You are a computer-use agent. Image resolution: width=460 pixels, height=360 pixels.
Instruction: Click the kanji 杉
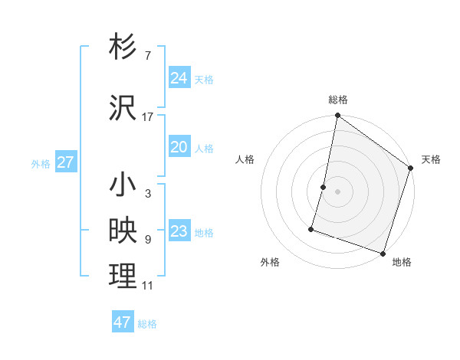[x=123, y=47]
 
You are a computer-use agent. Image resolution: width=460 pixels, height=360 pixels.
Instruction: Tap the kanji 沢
[x=123, y=108]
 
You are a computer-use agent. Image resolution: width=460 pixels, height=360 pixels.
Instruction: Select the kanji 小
[x=123, y=186]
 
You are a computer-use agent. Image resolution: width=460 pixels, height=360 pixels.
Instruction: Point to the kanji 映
[x=123, y=231]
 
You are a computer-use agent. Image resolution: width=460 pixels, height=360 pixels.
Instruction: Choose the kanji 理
[x=123, y=277]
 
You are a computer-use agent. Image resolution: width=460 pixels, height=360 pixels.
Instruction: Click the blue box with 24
[x=179, y=78]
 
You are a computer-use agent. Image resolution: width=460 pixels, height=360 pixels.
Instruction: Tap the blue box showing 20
[x=179, y=147]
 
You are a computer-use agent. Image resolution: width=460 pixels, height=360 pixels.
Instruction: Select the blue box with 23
[x=179, y=231]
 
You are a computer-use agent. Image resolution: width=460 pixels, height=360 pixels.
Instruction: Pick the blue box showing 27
[x=65, y=162]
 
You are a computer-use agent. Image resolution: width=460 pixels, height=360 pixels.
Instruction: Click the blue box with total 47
[x=122, y=322]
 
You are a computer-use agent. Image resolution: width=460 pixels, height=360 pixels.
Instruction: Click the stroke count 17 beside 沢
[x=147, y=116]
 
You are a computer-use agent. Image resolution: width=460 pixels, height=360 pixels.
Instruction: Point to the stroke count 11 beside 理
[x=147, y=286]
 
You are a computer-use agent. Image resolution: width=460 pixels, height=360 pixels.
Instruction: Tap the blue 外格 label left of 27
[x=41, y=163]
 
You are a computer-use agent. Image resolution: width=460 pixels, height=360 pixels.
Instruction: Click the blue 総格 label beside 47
[x=147, y=324]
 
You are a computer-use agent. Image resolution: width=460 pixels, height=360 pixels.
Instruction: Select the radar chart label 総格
[x=338, y=100]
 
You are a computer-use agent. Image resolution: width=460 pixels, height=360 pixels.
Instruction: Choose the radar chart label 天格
[x=431, y=159]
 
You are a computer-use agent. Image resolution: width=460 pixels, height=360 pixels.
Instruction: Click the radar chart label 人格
[x=245, y=159]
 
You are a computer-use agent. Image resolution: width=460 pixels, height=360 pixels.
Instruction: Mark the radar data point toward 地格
[x=383, y=253]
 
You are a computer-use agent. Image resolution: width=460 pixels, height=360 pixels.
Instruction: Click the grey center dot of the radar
[x=337, y=191]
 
